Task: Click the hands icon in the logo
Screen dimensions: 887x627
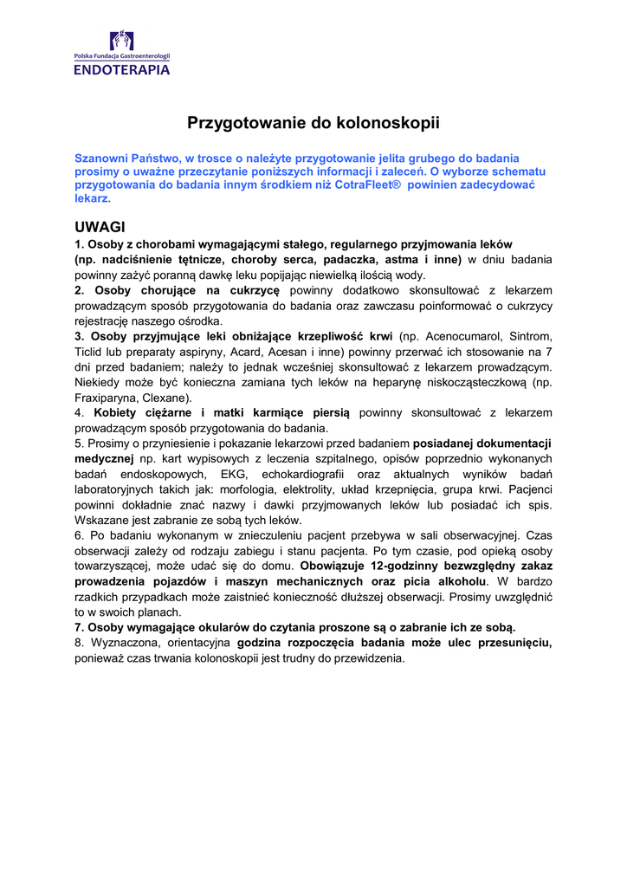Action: [x=121, y=40]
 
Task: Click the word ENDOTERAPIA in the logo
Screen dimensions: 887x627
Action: [x=121, y=70]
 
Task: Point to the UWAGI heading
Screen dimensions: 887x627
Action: [x=100, y=227]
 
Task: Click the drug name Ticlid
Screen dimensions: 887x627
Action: [x=92, y=352]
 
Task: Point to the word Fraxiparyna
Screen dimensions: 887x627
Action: [x=107, y=398]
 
